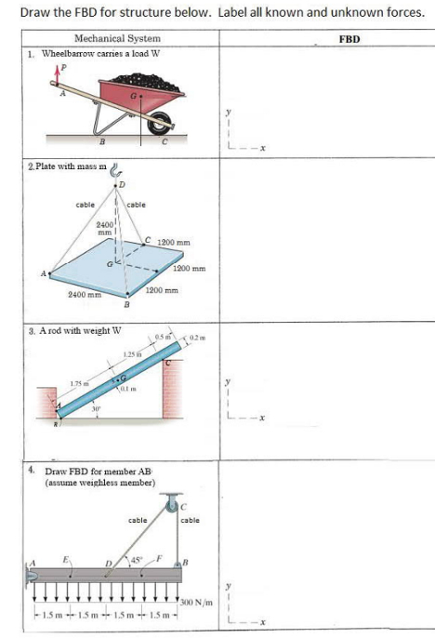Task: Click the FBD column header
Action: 349,39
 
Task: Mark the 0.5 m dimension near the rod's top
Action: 165,337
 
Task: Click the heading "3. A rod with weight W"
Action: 76,329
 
